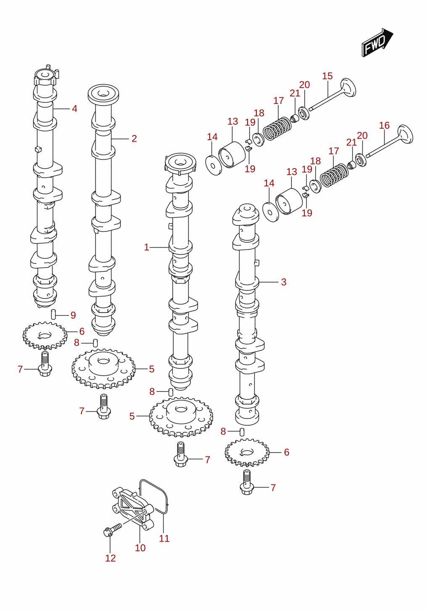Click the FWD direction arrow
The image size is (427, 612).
[377, 43]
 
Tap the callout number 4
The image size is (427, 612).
[74, 109]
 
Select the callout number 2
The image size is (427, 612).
[134, 139]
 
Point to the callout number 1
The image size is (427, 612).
[147, 247]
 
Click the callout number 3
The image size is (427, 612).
[284, 282]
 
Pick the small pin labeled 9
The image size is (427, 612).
[54, 314]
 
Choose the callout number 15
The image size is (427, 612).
[327, 76]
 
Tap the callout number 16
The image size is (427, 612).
[384, 125]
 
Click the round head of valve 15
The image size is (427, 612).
[348, 87]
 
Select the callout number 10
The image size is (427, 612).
[140, 548]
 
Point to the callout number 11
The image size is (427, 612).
[164, 538]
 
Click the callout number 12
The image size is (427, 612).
[111, 558]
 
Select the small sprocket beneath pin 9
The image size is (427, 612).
[45, 336]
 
